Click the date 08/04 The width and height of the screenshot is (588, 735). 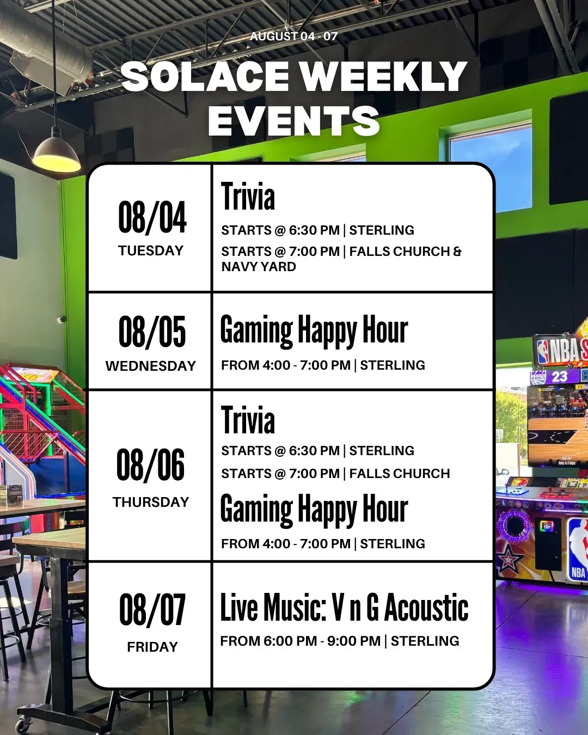click(x=152, y=217)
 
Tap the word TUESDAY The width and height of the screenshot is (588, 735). click(x=151, y=250)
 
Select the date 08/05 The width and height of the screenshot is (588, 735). click(x=152, y=332)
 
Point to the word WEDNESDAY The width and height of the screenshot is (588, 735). click(x=151, y=366)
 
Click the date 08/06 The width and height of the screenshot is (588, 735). click(x=150, y=464)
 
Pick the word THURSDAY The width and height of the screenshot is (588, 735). click(x=151, y=502)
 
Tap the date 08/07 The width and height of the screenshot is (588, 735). click(x=152, y=610)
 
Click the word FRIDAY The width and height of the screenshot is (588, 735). click(x=152, y=647)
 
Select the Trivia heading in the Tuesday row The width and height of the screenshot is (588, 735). click(x=248, y=196)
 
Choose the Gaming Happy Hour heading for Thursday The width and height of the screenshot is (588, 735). click(x=314, y=510)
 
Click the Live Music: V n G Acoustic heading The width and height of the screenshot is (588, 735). click(x=345, y=608)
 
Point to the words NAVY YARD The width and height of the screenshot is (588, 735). click(x=259, y=267)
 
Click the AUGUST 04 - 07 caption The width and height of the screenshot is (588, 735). click(x=294, y=36)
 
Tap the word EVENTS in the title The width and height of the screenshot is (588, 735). click(x=294, y=120)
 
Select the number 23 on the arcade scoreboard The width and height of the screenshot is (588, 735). click(x=560, y=377)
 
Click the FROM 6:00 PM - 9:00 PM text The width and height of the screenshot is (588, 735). click(x=301, y=641)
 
